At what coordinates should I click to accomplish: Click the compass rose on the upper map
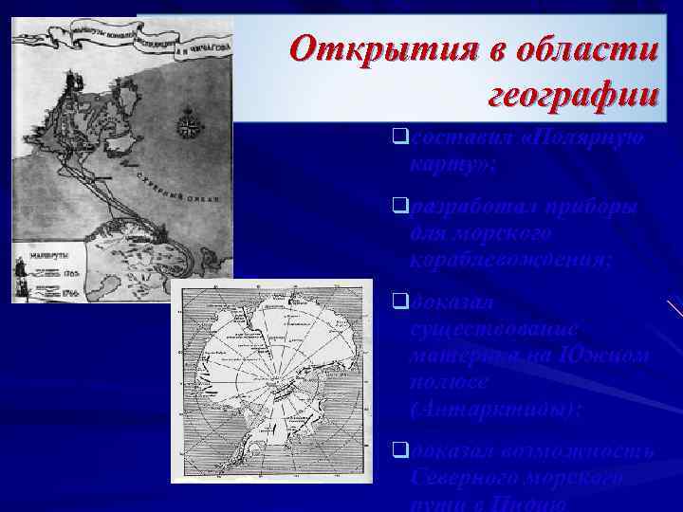click(x=189, y=122)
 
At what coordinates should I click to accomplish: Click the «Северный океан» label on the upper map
click(x=180, y=189)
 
